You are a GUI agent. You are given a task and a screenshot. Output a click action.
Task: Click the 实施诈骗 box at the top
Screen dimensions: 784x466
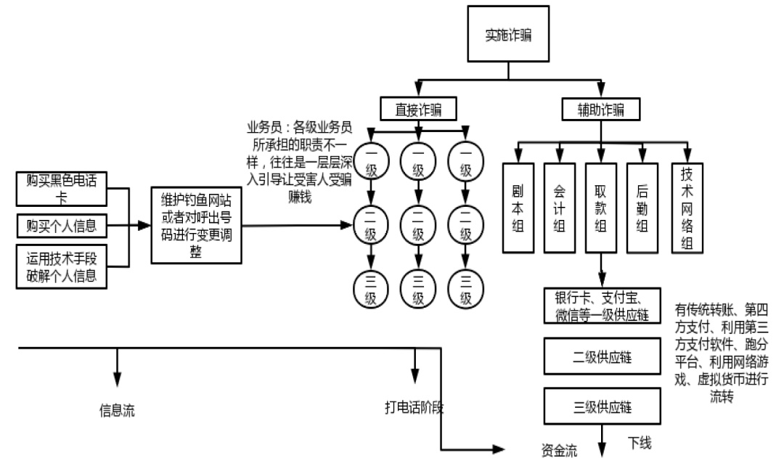pos(508,34)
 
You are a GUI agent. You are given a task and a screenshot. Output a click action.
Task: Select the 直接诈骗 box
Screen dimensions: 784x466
pos(418,109)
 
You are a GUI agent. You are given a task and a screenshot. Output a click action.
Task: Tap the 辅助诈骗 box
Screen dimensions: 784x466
pos(600,109)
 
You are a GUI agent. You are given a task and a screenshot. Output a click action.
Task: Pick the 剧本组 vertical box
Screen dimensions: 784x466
pos(518,208)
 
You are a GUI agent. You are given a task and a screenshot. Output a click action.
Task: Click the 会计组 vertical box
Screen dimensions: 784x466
pos(560,208)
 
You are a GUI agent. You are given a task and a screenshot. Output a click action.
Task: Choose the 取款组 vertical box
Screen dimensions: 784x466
pos(600,208)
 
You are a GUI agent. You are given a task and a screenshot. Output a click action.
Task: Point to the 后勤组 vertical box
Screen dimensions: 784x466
pos(642,208)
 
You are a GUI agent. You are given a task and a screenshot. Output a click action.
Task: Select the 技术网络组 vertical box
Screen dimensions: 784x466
pos(687,208)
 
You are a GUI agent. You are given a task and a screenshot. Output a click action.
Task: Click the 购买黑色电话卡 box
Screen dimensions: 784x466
pos(62,189)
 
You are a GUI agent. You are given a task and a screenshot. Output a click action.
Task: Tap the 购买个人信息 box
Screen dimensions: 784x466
pos(62,226)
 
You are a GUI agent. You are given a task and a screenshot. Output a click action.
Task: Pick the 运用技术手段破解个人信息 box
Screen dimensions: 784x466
pos(62,266)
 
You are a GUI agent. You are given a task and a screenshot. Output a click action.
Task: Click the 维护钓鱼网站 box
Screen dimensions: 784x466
pos(197,226)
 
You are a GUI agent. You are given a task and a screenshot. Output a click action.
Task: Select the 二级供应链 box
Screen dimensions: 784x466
pos(602,356)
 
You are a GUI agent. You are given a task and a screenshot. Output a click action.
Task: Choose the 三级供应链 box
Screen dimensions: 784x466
pos(602,406)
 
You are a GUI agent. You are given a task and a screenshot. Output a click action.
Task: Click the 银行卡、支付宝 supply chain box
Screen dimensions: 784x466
pos(602,306)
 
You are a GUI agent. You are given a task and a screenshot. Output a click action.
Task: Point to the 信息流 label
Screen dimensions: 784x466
pos(117,411)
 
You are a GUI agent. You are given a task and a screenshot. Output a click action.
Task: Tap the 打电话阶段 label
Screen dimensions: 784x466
pos(414,407)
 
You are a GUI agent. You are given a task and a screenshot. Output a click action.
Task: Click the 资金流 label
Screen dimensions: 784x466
pos(559,451)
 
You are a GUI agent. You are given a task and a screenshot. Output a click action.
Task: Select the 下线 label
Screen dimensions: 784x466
pos(640,443)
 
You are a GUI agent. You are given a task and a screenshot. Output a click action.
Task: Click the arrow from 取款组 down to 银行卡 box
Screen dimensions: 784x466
pos(602,270)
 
